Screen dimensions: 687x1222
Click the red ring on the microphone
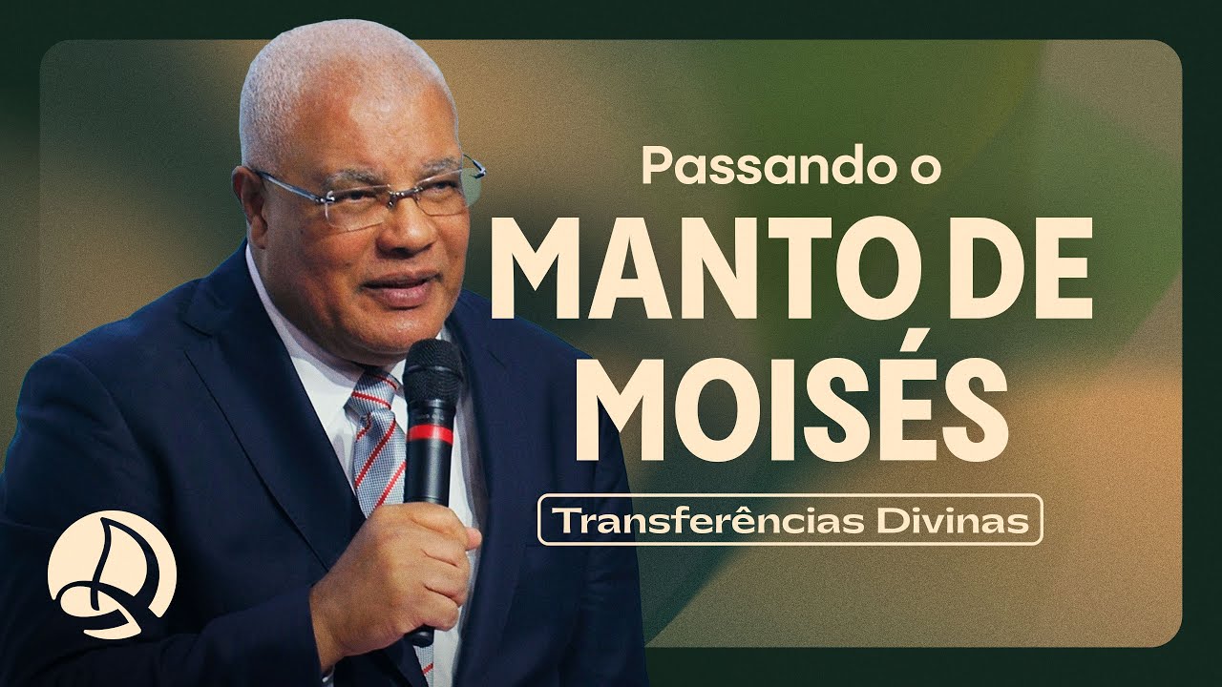432,433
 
